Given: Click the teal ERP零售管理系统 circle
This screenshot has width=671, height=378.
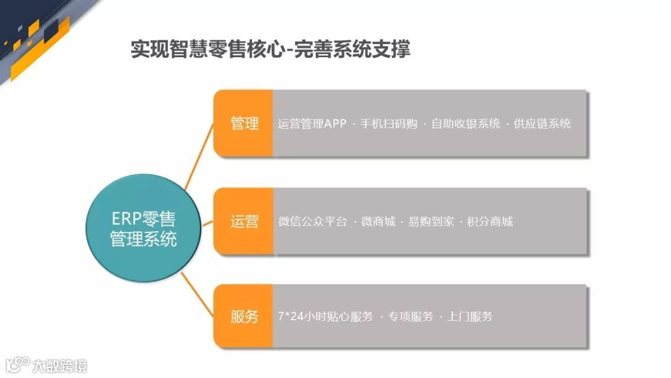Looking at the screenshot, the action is (x=143, y=228).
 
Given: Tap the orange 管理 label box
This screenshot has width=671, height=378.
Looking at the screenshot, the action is (x=244, y=123).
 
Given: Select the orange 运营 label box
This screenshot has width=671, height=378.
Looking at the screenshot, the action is (x=244, y=221).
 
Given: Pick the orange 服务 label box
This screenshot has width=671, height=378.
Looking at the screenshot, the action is (x=244, y=316).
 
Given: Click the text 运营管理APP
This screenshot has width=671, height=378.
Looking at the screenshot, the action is (x=312, y=123).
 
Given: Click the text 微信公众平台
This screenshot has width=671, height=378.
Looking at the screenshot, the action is (x=313, y=221).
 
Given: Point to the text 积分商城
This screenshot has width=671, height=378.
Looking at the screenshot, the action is (x=490, y=221).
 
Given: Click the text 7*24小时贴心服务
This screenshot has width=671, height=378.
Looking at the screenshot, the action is (x=325, y=316).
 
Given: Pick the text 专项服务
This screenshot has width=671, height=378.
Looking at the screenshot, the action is (x=411, y=316).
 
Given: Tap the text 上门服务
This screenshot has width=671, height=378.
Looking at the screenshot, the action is (x=470, y=316).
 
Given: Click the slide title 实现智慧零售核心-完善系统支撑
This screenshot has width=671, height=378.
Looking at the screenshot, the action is (x=270, y=49).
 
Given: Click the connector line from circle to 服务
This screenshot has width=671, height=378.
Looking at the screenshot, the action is (x=198, y=296).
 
